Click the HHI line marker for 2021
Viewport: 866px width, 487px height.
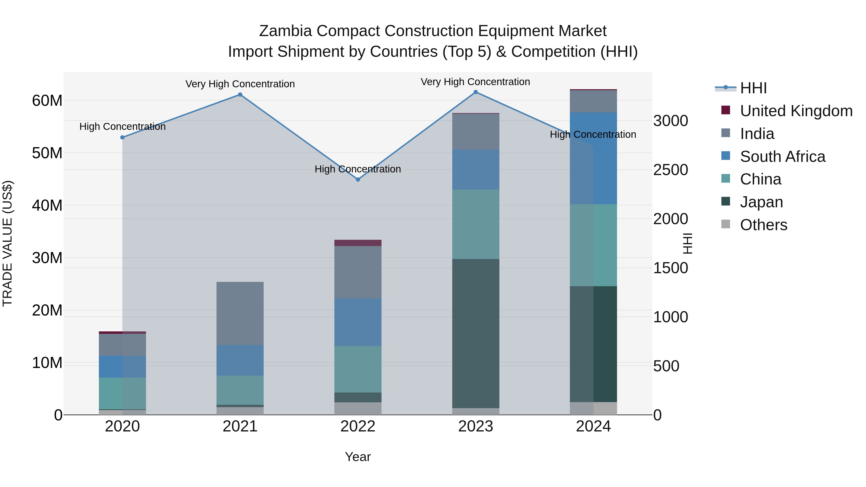tap(240, 95)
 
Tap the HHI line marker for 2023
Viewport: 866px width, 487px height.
tap(475, 92)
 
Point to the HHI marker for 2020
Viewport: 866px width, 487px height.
tap(122, 138)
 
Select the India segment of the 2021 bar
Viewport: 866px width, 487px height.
tap(240, 313)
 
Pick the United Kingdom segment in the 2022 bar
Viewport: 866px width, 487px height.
tap(358, 243)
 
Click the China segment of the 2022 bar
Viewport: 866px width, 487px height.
tap(358, 369)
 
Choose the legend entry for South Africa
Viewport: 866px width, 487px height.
tap(782, 157)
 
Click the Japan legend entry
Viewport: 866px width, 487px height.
tap(761, 202)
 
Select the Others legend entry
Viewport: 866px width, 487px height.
tap(764, 225)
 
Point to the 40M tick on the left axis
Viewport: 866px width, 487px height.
tap(47, 205)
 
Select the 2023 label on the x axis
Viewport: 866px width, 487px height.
tap(475, 426)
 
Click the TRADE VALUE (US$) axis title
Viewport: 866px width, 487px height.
tap(7, 243)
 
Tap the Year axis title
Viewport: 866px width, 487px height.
tap(358, 457)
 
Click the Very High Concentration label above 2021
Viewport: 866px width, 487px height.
tap(240, 84)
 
